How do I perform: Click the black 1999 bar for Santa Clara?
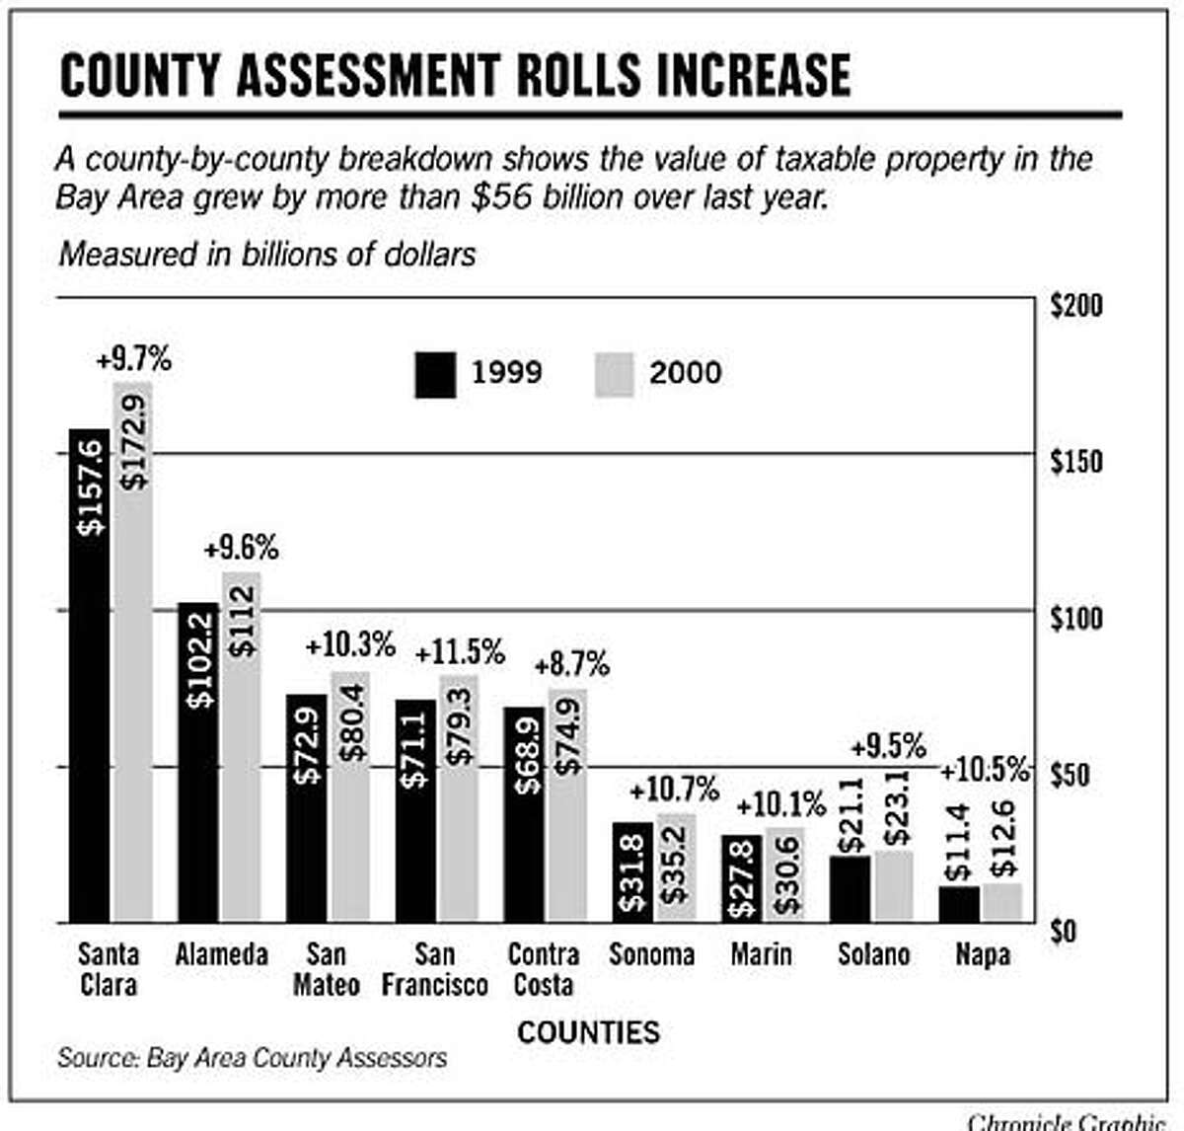(x=89, y=676)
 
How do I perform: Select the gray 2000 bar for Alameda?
(x=242, y=747)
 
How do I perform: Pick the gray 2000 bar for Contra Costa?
(x=567, y=805)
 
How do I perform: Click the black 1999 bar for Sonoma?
(x=632, y=872)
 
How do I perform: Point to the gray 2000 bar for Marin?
(x=785, y=874)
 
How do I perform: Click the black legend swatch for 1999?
(x=435, y=374)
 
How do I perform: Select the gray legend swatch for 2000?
(x=614, y=374)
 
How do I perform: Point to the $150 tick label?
(x=1076, y=461)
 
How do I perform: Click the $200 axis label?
(x=1076, y=306)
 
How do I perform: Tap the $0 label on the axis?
(x=1064, y=931)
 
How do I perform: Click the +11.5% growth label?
(x=460, y=652)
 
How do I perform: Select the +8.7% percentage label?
(x=572, y=665)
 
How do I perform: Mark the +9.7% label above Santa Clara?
(x=133, y=360)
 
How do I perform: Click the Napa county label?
(x=983, y=954)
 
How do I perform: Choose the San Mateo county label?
(x=326, y=969)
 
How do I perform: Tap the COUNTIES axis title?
(x=588, y=1032)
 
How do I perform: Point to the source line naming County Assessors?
(x=252, y=1058)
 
